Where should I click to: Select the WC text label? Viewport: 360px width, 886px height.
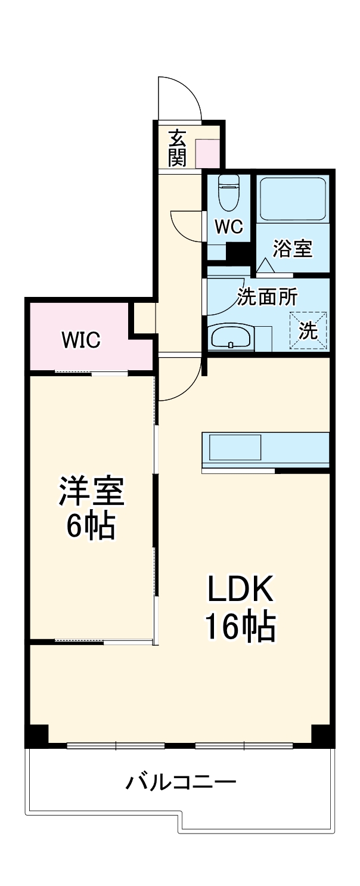point(229,227)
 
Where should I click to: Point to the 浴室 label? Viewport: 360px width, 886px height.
point(293,249)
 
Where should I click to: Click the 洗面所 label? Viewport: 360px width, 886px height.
point(268,296)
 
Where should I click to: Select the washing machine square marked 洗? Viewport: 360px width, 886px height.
point(308,330)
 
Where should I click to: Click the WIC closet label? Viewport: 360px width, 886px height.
point(81,340)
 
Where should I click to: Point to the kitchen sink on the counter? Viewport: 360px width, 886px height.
point(234,447)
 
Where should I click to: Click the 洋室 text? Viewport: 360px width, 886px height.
point(91,491)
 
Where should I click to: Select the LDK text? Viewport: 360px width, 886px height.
point(240,590)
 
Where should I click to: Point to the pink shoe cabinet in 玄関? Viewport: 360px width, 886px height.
point(207,154)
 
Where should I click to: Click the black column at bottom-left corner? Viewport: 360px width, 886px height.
point(37,735)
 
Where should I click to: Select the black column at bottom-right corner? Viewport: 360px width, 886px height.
point(322,735)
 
